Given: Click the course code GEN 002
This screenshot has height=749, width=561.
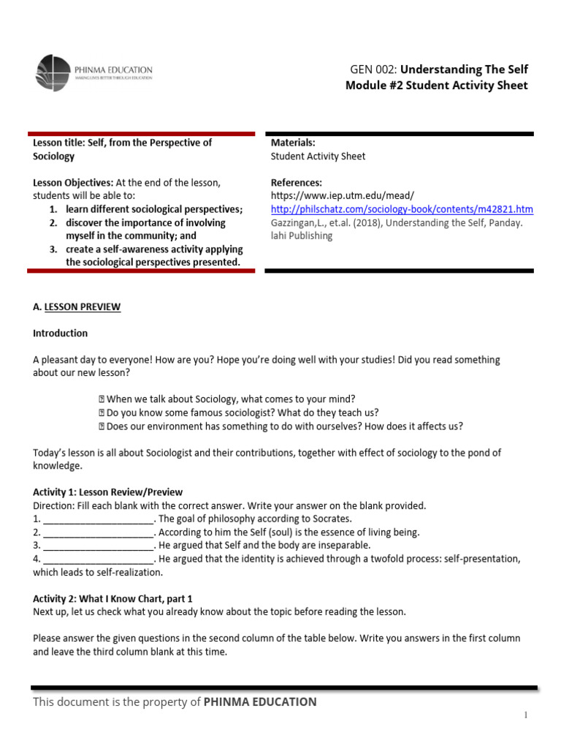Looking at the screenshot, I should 373,69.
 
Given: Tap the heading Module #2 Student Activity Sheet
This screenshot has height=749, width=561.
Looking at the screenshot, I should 436,86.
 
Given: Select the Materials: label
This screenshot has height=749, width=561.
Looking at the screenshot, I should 293,143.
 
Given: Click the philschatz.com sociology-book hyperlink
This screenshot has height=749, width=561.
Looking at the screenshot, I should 402,209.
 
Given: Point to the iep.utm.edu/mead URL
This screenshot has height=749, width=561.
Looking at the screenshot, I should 342,196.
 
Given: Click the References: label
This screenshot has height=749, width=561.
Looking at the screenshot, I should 296,182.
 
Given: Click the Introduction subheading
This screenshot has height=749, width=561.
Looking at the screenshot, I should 60,334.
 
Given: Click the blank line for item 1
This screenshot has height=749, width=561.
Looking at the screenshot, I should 99,520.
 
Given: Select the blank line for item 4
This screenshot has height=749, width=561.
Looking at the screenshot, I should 99,560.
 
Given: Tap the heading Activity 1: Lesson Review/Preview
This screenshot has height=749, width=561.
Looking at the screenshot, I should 107,492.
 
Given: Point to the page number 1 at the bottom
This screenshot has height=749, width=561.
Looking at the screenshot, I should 525,715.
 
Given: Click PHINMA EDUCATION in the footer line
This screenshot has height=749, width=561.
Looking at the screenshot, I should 260,702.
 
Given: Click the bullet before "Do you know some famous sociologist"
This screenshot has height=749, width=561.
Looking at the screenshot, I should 102,413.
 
